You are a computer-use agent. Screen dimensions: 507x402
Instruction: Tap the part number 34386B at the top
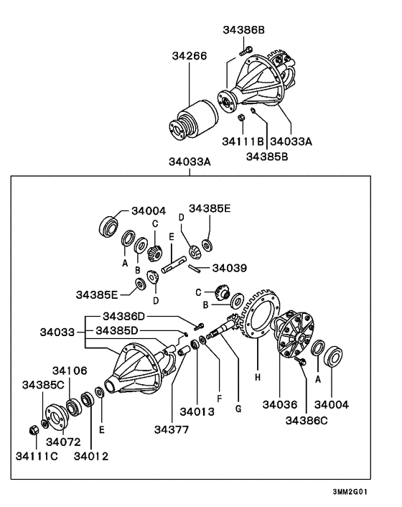243,30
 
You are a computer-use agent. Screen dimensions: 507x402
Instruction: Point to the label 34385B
267,154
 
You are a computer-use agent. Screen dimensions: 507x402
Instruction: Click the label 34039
230,268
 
